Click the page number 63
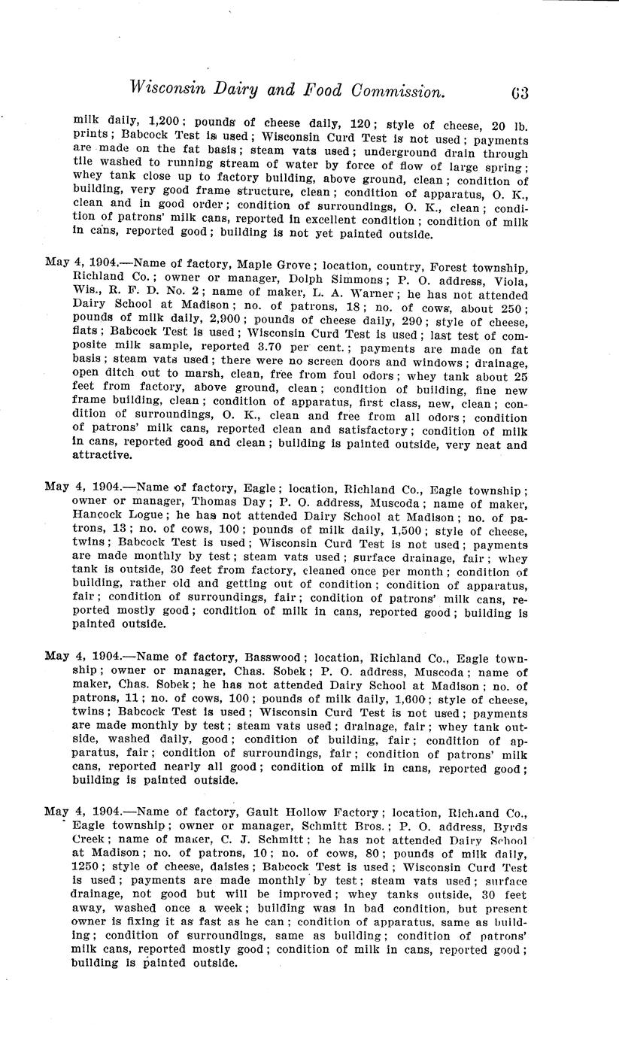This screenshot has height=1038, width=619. pos(520,93)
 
